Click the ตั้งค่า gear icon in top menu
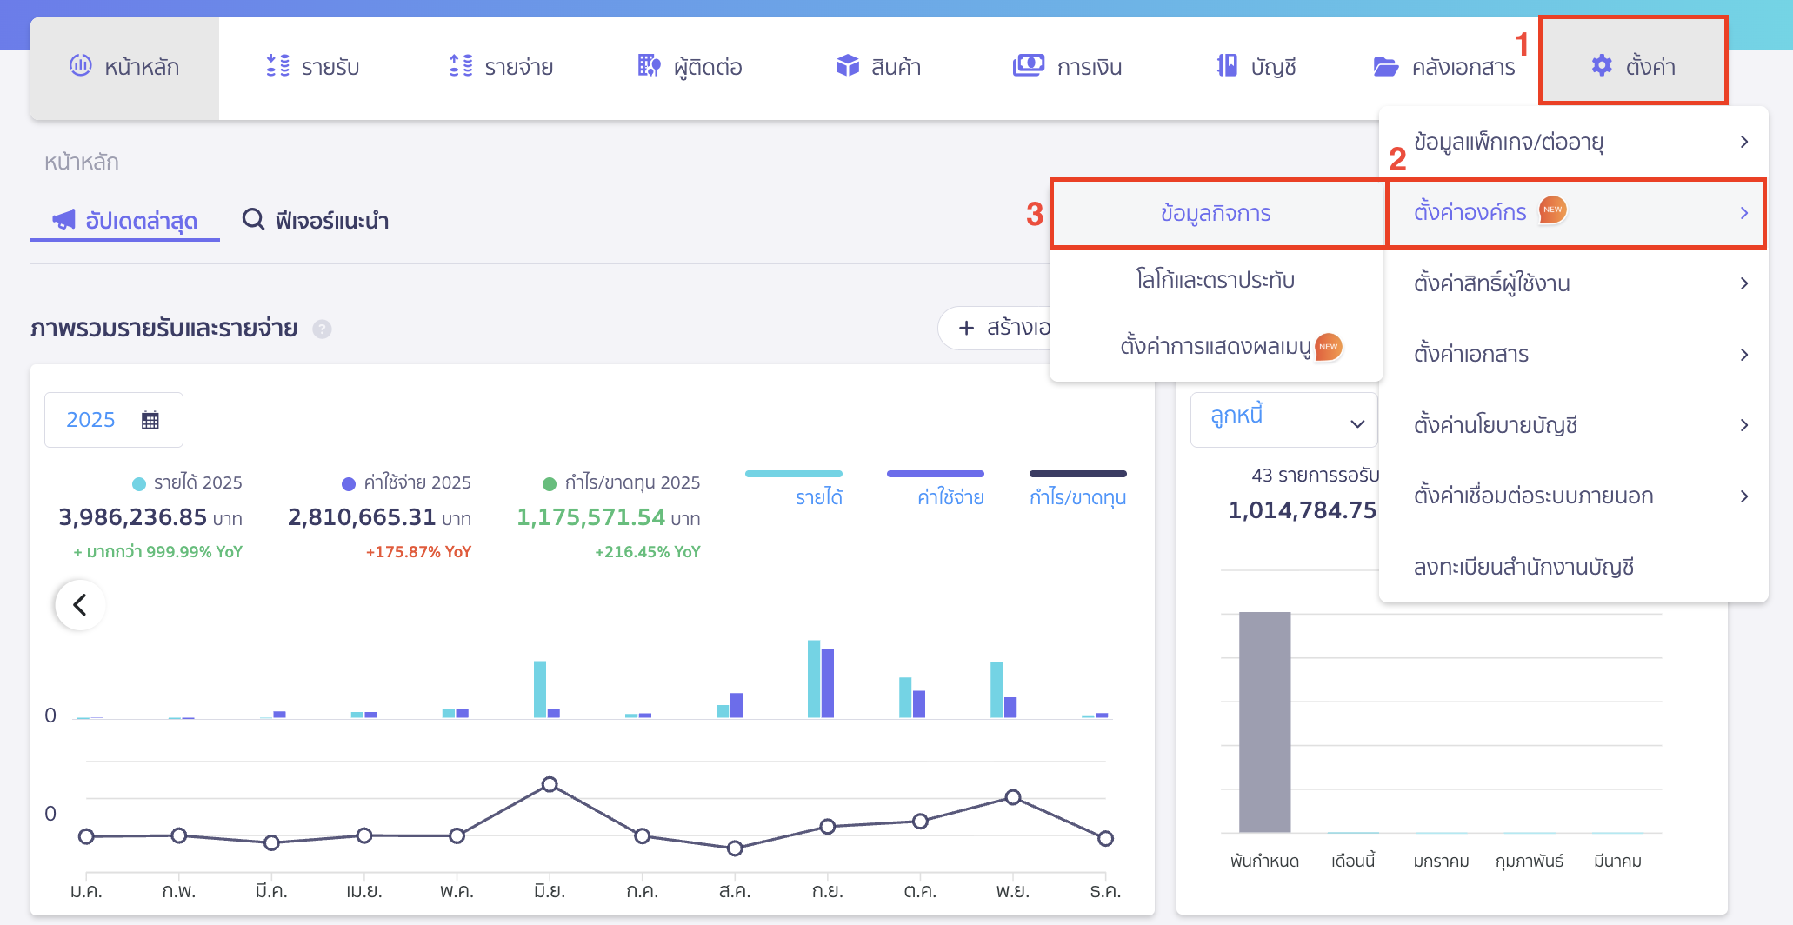(1602, 65)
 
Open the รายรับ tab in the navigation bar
(313, 67)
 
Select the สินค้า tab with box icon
(878, 67)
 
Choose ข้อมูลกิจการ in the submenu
(1216, 214)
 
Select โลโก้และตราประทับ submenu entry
(1216, 280)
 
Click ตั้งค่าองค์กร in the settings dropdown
(1470, 213)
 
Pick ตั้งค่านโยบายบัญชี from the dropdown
(1496, 425)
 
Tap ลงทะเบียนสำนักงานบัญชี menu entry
(1523, 567)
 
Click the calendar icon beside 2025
(150, 420)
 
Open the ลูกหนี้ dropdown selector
(1283, 420)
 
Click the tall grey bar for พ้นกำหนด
(1264, 722)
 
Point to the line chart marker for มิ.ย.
(550, 784)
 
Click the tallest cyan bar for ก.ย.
(814, 678)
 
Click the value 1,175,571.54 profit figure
(591, 517)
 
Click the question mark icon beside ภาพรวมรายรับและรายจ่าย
(323, 329)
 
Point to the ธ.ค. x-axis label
(1104, 891)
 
